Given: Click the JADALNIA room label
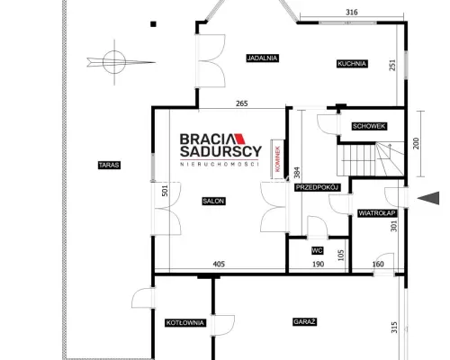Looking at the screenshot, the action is click(263, 58).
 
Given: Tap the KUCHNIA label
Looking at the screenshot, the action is click(352, 64).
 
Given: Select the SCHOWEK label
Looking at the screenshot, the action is click(369, 126).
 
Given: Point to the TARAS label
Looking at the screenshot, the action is click(109, 165).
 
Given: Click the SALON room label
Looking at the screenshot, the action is click(213, 201).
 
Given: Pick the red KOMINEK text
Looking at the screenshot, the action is click(277, 158).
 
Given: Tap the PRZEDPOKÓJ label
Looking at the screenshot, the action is click(318, 187).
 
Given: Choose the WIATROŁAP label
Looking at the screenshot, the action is click(377, 213).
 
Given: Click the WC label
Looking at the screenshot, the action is click(317, 250).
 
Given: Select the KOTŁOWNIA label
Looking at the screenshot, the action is click(185, 323).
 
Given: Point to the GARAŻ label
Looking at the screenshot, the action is click(304, 322).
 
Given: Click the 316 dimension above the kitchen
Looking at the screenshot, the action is click(352, 13).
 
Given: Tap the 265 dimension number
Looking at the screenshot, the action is click(242, 103).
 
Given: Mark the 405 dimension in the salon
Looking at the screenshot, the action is click(219, 264).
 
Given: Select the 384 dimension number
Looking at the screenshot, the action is click(297, 173).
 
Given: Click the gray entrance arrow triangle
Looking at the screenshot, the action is click(430, 198).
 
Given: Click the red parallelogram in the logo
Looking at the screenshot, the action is click(239, 139).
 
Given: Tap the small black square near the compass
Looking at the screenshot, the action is click(153, 24).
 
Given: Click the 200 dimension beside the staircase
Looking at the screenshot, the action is click(416, 143).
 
